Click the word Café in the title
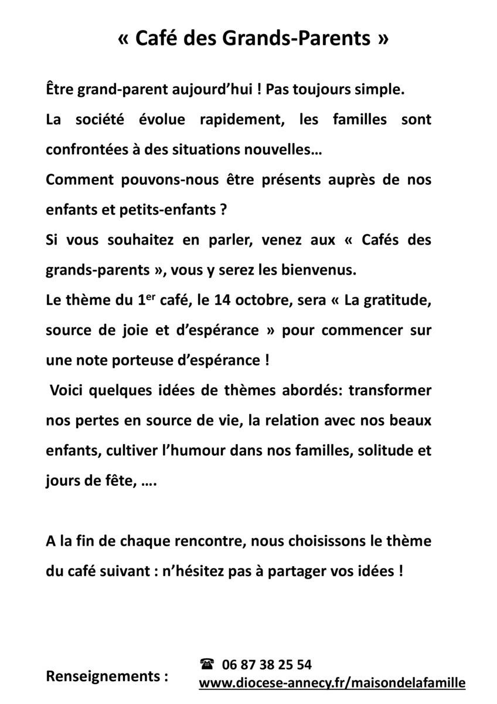tap(156, 39)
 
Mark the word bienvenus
tap(325, 270)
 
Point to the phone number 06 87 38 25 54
tap(267, 665)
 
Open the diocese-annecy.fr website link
tap(332, 683)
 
